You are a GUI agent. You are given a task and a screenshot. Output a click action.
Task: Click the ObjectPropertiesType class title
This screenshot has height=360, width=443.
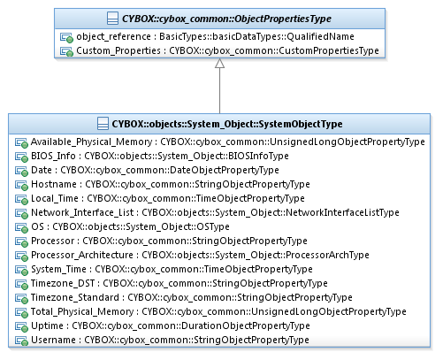[226, 19]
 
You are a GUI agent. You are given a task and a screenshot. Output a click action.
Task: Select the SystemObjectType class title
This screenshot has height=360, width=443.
[227, 124]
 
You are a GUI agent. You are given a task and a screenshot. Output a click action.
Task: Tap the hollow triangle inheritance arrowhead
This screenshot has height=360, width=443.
[219, 64]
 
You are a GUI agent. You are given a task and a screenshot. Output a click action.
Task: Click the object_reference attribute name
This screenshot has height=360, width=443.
[113, 36]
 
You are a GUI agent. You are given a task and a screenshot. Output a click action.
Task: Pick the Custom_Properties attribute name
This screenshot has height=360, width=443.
[118, 50]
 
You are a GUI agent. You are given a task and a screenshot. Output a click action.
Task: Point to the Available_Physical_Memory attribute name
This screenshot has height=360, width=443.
[91, 142]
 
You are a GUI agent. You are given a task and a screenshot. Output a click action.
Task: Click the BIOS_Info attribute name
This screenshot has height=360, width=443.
[53, 156]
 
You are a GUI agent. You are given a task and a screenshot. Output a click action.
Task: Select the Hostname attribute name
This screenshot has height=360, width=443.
[54, 184]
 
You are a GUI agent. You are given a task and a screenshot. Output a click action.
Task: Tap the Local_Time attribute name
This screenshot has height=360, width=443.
[55, 198]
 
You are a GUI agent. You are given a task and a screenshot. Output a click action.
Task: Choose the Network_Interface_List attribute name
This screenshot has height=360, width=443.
[82, 212]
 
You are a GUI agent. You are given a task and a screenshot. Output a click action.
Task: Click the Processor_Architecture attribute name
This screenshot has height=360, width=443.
[82, 255]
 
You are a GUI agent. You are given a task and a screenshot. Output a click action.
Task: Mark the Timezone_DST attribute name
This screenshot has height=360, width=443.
[63, 283]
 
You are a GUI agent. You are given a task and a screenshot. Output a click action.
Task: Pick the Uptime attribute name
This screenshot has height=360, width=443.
[47, 326]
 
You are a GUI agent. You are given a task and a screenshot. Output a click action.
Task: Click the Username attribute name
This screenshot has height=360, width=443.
[53, 340]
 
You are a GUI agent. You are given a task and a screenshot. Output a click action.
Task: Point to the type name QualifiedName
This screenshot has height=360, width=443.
[320, 36]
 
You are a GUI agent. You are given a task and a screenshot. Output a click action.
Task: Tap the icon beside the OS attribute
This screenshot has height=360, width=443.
[21, 227]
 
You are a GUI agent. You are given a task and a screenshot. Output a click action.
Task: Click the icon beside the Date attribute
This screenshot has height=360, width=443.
[21, 171]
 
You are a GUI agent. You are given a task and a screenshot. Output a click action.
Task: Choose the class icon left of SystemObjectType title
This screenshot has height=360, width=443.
[103, 124]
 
